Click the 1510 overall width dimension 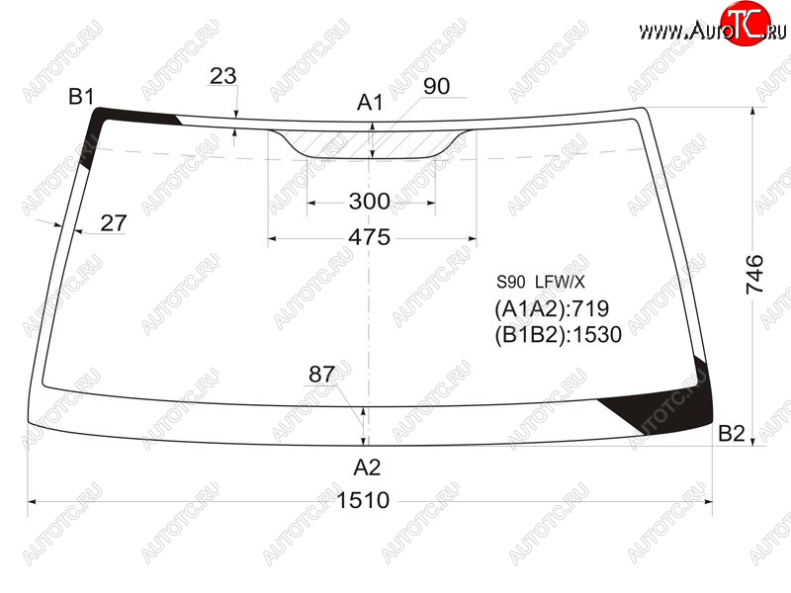coord(363,500)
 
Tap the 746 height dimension coord(754,275)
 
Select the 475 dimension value coord(369,237)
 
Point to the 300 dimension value coord(369,202)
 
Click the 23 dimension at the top coord(223,76)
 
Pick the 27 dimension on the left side coord(114,223)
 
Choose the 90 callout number coord(436,86)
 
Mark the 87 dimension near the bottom coord(322,375)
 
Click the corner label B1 coord(81,96)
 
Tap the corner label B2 coord(732,433)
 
